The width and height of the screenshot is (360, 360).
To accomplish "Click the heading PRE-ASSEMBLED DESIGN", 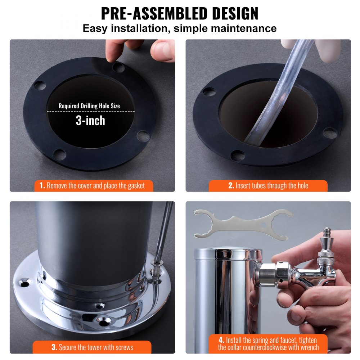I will pyautogui.click(x=180, y=13).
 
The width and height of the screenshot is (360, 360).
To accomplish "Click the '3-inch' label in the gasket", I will pyautogui.click(x=90, y=121).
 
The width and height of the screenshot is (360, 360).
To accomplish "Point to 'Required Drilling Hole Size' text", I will pyautogui.click(x=89, y=106).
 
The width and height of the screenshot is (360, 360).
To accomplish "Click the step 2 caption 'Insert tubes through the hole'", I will pyautogui.click(x=268, y=186).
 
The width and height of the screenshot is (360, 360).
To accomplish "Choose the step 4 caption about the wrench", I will pyautogui.click(x=268, y=344).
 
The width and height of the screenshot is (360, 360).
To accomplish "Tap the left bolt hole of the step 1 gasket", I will pyautogui.click(x=40, y=86).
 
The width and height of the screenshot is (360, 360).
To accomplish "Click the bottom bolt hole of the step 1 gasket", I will pyautogui.click(x=59, y=155).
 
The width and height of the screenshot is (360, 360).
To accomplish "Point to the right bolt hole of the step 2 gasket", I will pyautogui.click(x=329, y=133).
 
